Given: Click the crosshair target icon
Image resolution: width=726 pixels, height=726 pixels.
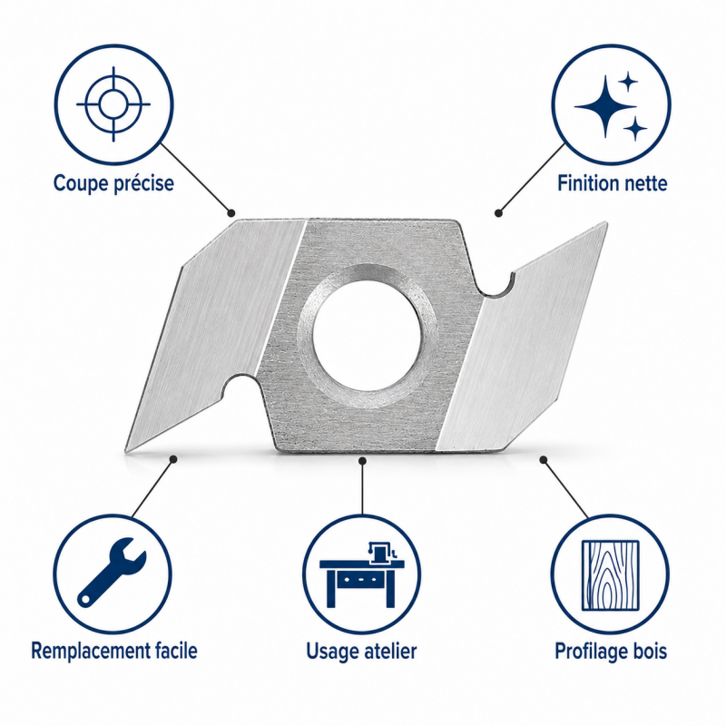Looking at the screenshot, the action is [113, 104].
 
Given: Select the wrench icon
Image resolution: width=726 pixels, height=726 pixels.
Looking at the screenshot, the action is [112, 573].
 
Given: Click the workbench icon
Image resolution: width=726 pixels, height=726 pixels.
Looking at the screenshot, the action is [362, 574].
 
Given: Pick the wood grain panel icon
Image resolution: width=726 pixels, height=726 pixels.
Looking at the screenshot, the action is [610, 574].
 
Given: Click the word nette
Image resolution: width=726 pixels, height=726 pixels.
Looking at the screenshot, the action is [646, 184].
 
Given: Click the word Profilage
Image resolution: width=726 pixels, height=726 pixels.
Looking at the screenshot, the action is [591, 652].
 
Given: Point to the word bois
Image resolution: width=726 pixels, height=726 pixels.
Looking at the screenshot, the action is [650, 651].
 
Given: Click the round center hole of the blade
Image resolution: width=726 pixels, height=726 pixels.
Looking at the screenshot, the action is [367, 335].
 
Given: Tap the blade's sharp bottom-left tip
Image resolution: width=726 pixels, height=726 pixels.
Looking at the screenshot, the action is [126, 449].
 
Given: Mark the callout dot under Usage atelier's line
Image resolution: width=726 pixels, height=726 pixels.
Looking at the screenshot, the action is [362, 460].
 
